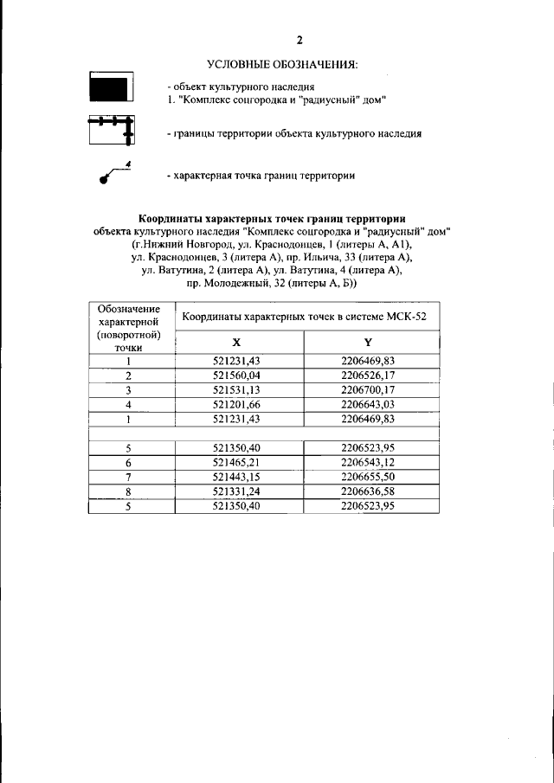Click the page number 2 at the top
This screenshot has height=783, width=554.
point(299,41)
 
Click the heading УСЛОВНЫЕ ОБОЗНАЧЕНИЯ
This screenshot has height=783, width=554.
point(282,66)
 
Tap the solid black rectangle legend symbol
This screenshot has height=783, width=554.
point(109,89)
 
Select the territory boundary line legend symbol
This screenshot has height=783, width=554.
point(110,130)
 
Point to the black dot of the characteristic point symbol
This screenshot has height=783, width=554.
point(104,181)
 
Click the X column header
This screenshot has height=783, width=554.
point(238,343)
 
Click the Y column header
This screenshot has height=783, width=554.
point(368,343)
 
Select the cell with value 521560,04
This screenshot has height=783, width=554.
point(238,375)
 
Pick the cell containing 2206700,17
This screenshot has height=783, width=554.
point(368,389)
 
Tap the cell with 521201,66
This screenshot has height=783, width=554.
point(238,404)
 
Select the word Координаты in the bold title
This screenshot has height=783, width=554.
point(170,218)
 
